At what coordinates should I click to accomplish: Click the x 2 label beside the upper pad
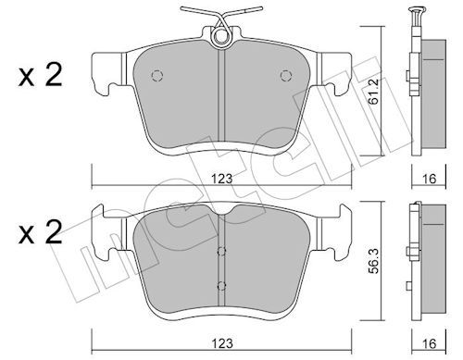pyautogui.click(x=38, y=78)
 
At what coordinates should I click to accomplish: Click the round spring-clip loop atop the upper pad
pyautogui.click(x=221, y=37)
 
